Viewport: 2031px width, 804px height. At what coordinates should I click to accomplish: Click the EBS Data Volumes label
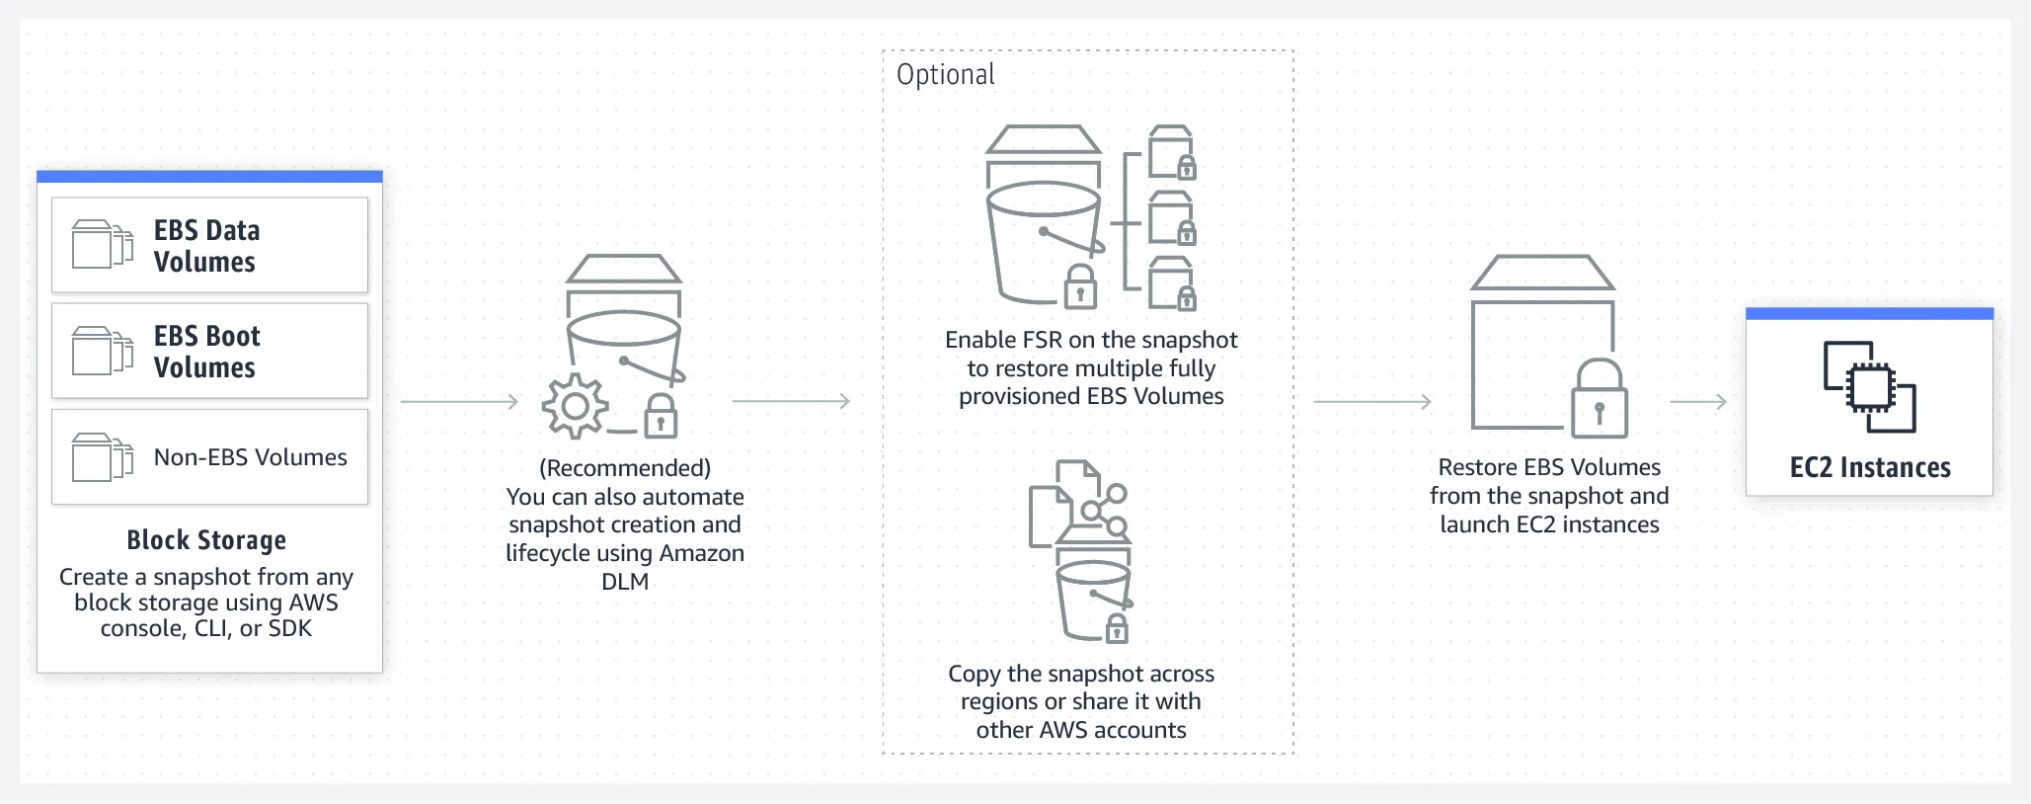[x=206, y=246]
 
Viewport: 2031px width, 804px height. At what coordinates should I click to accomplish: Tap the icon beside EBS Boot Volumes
[x=103, y=351]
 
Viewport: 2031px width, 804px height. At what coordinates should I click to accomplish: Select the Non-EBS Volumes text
[x=250, y=457]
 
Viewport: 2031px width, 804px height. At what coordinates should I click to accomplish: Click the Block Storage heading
[x=206, y=540]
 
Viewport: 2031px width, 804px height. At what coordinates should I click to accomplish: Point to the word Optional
[x=945, y=75]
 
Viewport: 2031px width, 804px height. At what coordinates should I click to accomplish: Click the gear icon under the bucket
[x=575, y=406]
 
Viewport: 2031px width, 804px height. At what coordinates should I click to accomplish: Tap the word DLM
[x=625, y=582]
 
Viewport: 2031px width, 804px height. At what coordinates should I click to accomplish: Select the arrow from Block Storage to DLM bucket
[x=459, y=401]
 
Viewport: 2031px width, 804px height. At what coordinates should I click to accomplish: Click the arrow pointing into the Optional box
[x=791, y=401]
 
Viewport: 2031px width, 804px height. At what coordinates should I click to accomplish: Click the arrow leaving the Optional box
[x=1372, y=401]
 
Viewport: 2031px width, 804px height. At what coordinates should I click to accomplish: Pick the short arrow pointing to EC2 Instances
[x=1698, y=401]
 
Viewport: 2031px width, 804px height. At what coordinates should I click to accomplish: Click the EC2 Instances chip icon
[x=1869, y=387]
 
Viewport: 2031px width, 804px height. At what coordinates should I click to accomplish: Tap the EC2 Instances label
[x=1870, y=468]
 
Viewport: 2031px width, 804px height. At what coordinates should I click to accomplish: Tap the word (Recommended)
[x=625, y=468]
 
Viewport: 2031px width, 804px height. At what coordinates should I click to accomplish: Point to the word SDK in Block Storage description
[x=290, y=629]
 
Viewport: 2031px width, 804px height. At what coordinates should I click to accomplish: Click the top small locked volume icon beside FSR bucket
[x=1173, y=152]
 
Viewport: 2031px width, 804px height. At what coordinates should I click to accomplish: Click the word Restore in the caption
[x=1477, y=467]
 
